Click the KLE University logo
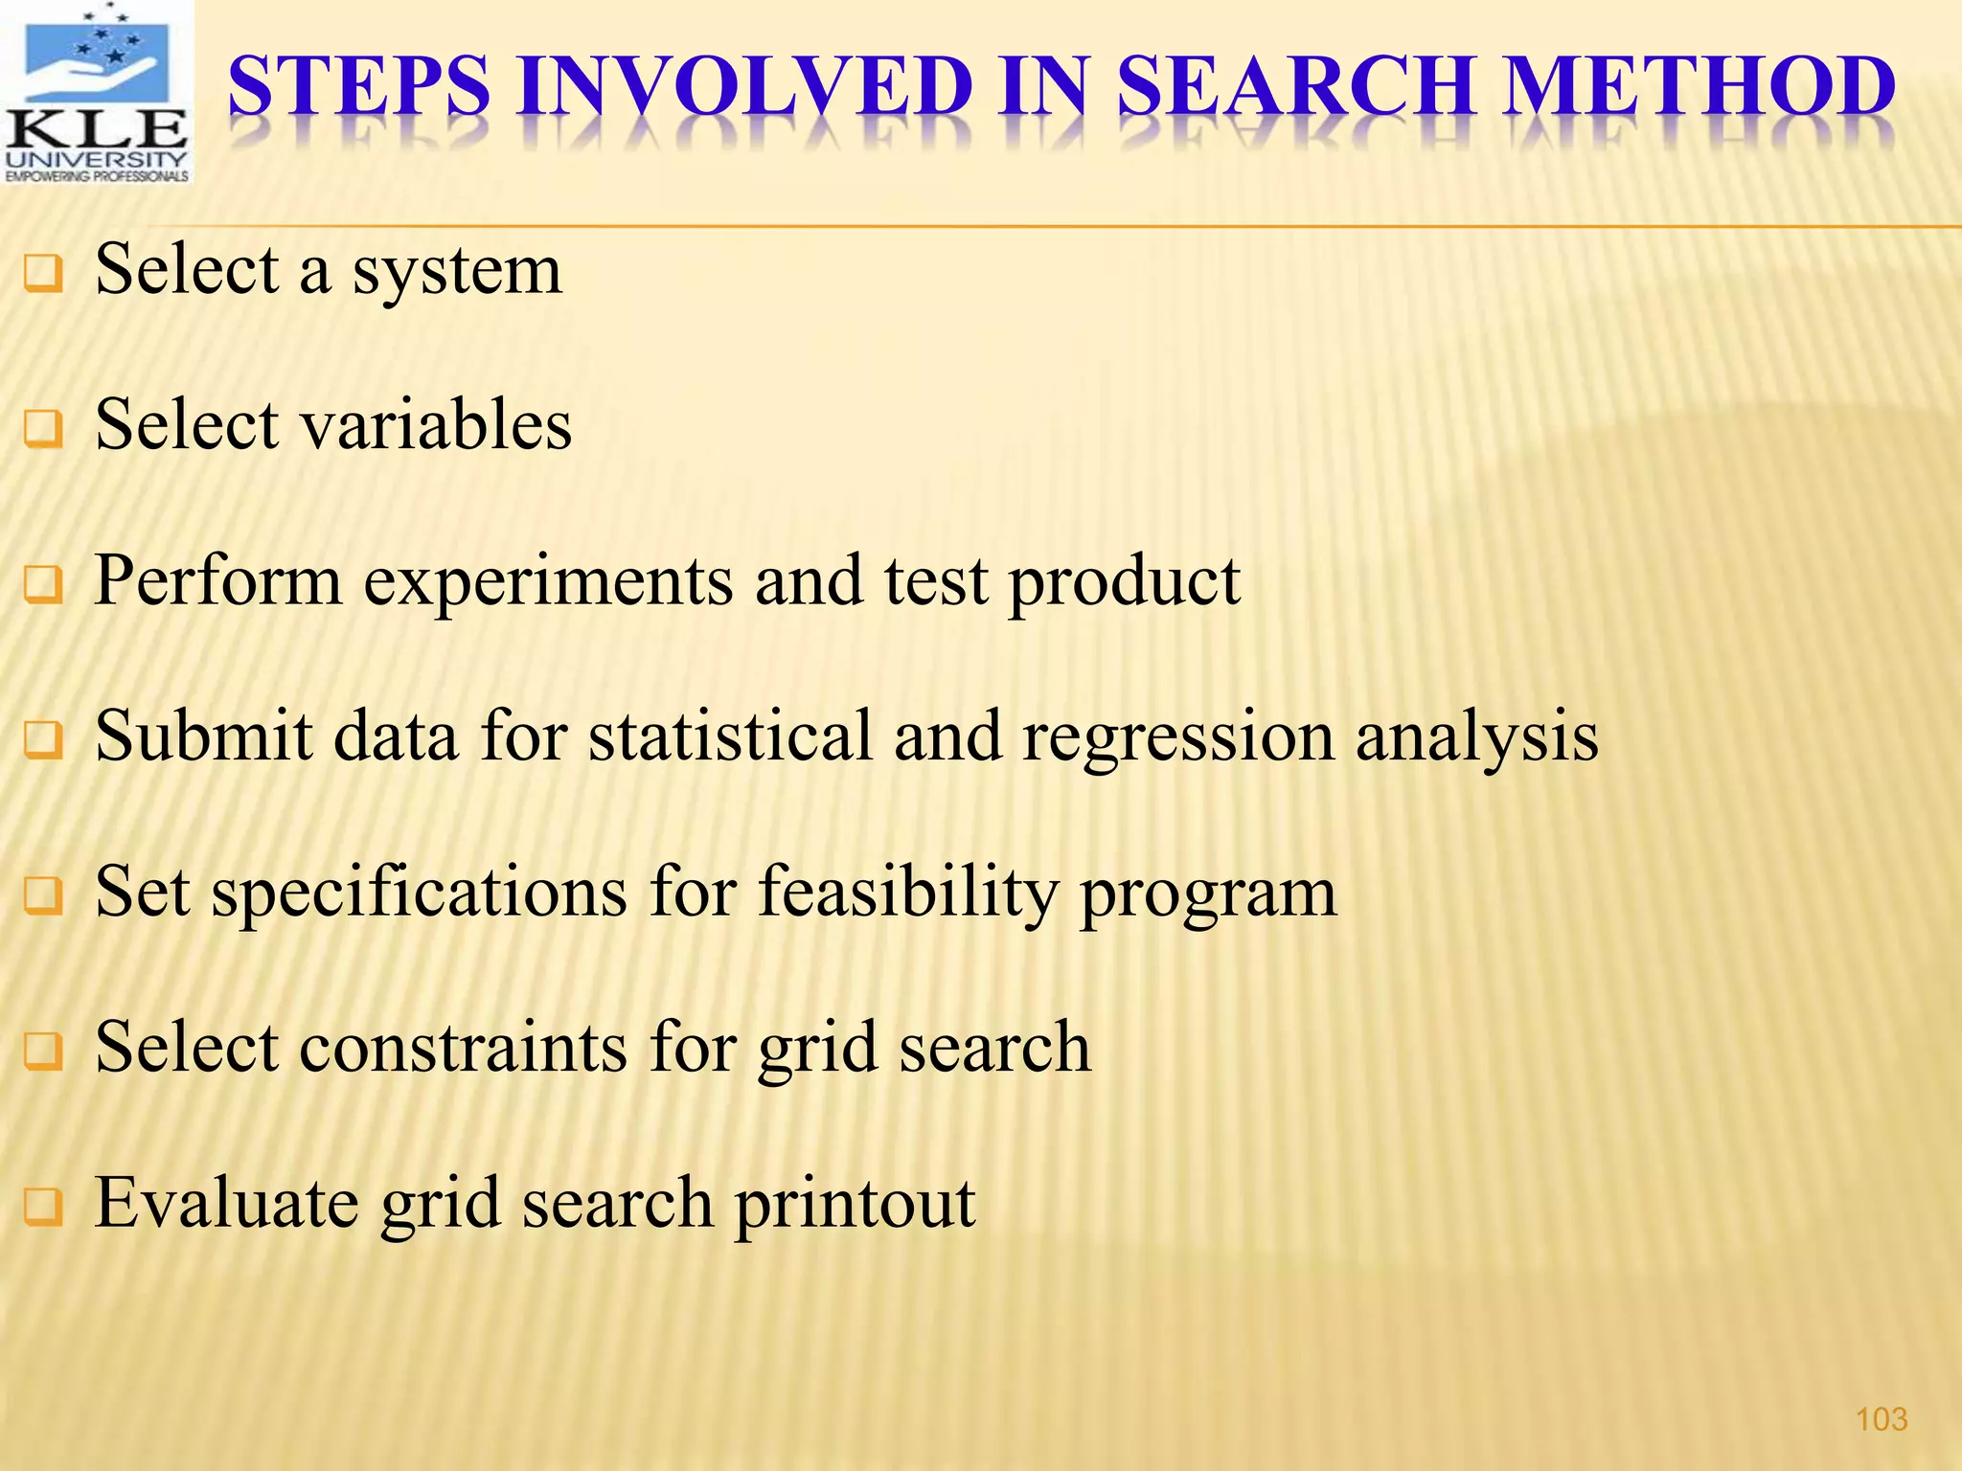(96, 93)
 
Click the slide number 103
(1882, 1418)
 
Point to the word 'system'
(457, 272)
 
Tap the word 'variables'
(436, 424)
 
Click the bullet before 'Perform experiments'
(44, 585)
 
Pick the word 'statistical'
(730, 736)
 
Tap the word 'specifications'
(419, 894)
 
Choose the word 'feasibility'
(908, 894)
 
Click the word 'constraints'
(464, 1048)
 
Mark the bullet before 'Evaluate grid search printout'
(44, 1207)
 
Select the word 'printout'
(855, 1205)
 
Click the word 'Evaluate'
(227, 1203)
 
